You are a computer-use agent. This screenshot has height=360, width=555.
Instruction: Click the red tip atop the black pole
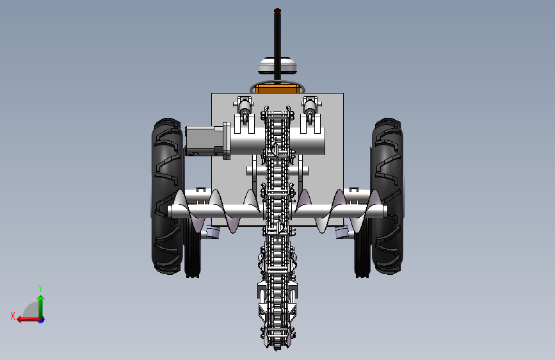[x=278, y=11]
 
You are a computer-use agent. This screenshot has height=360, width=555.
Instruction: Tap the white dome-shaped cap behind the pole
[x=278, y=65]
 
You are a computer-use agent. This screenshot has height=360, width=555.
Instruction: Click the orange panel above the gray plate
[x=278, y=88]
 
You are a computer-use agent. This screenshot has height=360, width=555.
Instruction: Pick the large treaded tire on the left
[x=168, y=196]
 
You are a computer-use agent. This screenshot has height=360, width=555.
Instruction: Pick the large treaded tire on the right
[x=387, y=196]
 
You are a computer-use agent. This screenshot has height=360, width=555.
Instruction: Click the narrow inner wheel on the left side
[x=193, y=248]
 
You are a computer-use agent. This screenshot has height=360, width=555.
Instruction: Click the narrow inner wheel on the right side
[x=362, y=248]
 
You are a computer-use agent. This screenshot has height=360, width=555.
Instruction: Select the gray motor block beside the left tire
[x=204, y=141]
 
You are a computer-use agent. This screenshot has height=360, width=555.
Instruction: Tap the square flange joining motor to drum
[x=227, y=141]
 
